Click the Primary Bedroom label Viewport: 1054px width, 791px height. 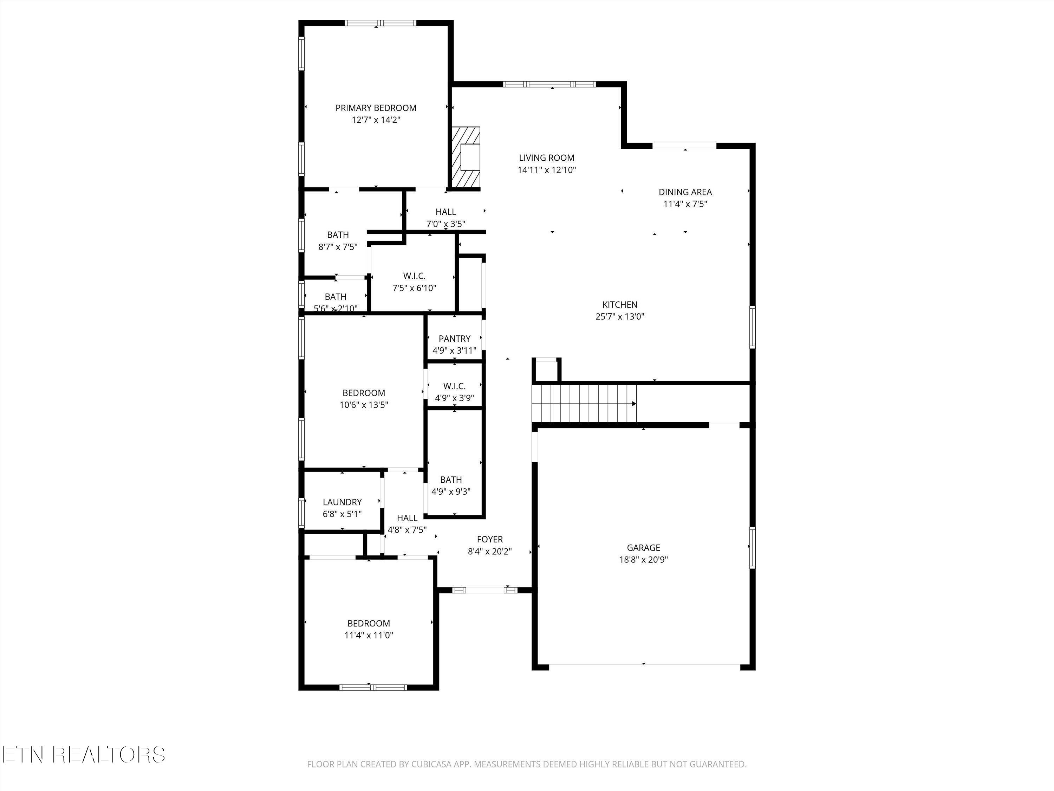click(376, 108)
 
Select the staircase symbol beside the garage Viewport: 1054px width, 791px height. click(584, 403)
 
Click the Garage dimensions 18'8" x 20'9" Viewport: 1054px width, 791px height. click(643, 560)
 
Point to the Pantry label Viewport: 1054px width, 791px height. click(454, 339)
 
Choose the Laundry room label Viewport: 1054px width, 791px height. click(342, 502)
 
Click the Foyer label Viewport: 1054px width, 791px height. click(490, 539)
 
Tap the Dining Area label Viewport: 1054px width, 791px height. click(685, 192)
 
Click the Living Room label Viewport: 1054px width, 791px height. click(547, 158)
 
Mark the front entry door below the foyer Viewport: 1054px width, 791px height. click(484, 590)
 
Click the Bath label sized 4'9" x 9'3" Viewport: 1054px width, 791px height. click(451, 480)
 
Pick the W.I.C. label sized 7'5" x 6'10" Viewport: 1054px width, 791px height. click(414, 276)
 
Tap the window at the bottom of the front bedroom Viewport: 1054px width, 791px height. click(373, 687)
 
